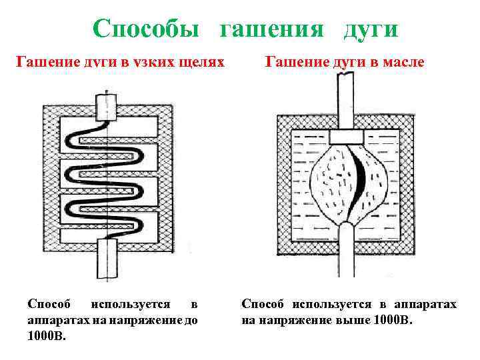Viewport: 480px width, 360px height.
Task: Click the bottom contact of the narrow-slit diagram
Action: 106,260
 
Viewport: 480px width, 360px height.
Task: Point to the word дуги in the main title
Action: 371,28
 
